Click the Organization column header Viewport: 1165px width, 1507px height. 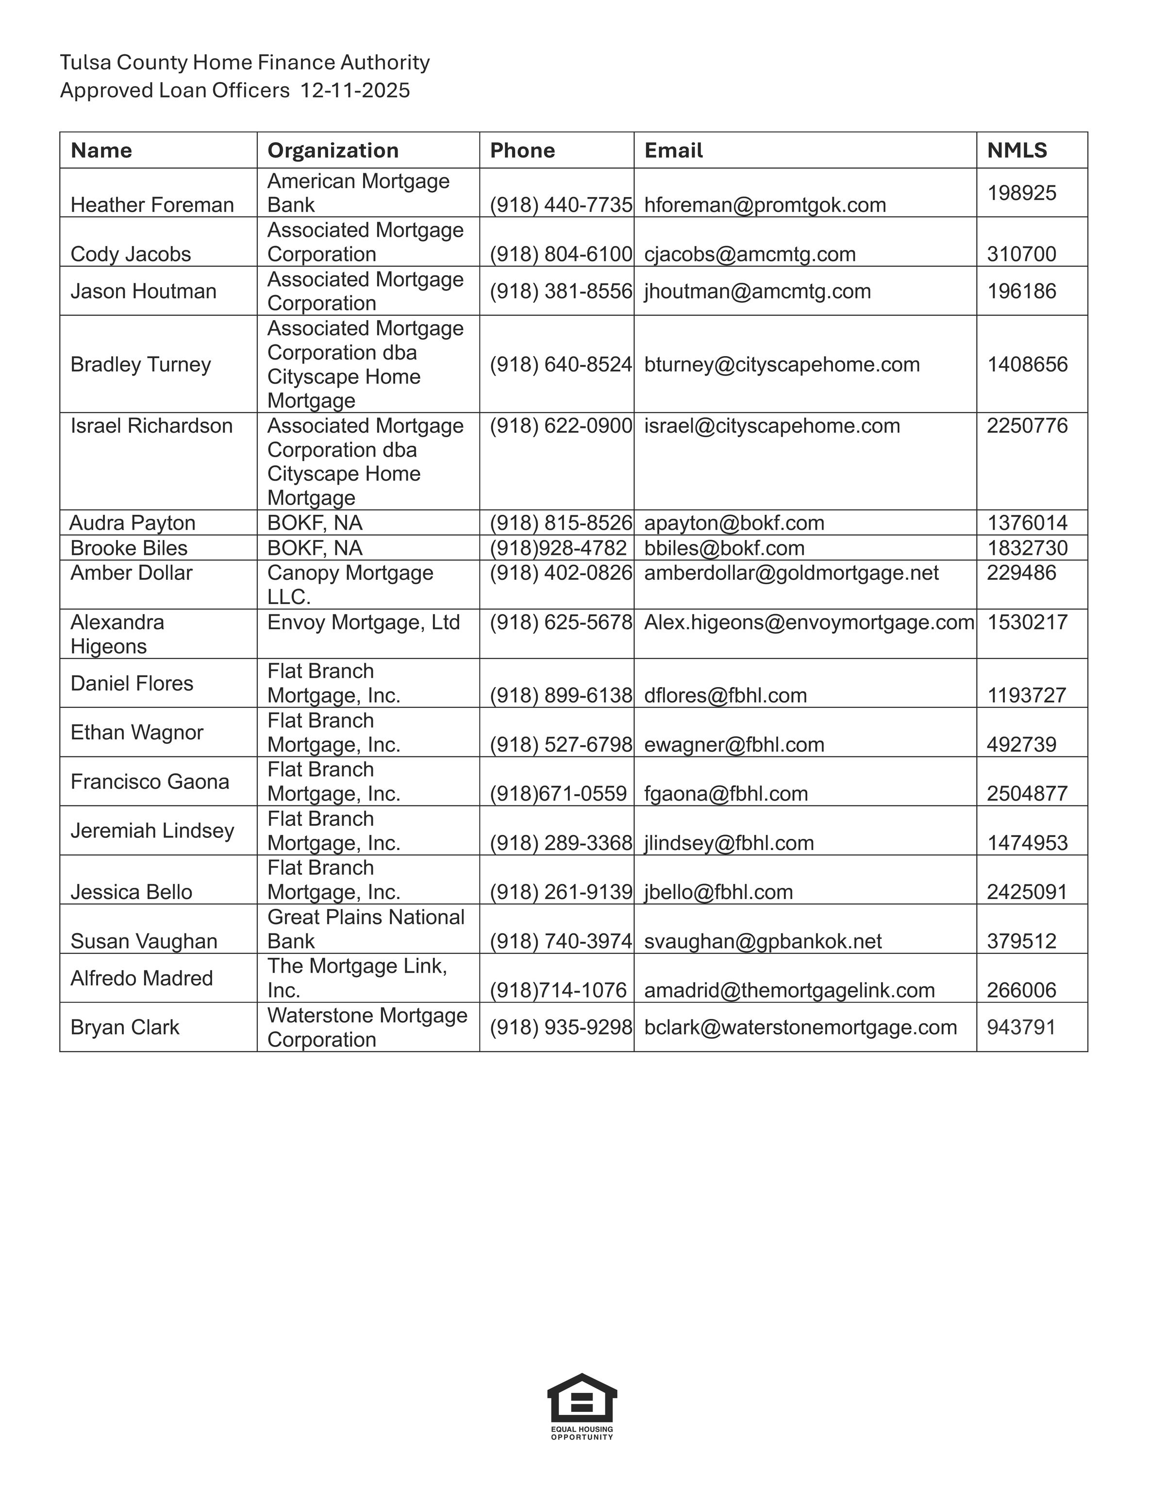click(333, 150)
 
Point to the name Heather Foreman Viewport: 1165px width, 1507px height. click(152, 205)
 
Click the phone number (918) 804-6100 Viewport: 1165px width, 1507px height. click(561, 254)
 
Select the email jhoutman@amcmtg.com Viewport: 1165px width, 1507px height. click(757, 291)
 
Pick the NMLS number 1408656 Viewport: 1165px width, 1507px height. click(1027, 364)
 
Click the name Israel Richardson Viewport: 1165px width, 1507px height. click(151, 426)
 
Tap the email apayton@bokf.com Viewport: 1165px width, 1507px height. click(733, 523)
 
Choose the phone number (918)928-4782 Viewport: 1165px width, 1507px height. click(558, 548)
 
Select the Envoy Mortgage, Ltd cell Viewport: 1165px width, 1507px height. click(363, 622)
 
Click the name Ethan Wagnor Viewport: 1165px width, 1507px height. click(137, 732)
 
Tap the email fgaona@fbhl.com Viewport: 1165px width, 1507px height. click(725, 793)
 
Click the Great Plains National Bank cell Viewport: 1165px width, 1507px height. click(366, 929)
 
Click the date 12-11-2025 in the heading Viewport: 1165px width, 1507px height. click(355, 90)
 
